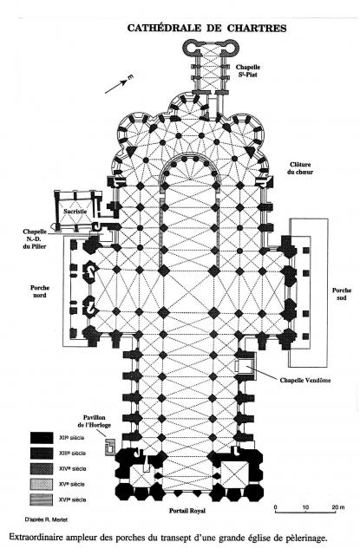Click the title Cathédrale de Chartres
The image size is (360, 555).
coord(206,28)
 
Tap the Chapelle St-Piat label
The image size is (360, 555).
coord(248,71)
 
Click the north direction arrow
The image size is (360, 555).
coord(116,88)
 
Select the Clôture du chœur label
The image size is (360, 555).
coord(300,168)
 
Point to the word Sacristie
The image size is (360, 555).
coord(75,212)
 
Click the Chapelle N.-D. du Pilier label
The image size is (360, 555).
coord(35,239)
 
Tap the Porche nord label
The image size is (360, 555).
coord(40,291)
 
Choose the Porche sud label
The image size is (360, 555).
coord(342,294)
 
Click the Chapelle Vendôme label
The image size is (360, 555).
coord(305,380)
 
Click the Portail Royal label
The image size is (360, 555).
coord(187,511)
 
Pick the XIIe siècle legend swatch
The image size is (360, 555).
coord(41,438)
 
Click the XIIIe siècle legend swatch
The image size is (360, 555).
coord(41,454)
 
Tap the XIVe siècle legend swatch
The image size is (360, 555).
coord(41,469)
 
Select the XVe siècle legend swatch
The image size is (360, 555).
coord(41,485)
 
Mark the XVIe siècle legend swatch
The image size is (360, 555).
coord(41,499)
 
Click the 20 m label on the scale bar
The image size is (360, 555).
coord(338,507)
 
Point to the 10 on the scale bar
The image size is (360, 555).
coord(305,507)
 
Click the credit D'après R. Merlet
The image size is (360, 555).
coord(46,520)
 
